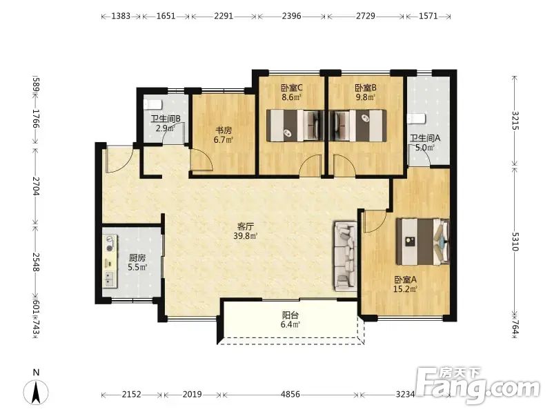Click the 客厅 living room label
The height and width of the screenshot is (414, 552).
point(246,226)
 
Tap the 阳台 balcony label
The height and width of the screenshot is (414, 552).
point(290,315)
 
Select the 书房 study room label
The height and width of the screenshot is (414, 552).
point(224,130)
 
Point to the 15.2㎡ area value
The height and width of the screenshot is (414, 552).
point(405,289)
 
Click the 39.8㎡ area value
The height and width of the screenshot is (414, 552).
point(246,236)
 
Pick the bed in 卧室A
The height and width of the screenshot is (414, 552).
point(423,241)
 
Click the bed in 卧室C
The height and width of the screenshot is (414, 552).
point(295,126)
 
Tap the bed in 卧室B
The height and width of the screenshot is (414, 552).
point(357,126)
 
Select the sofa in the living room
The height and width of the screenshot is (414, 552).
point(346,256)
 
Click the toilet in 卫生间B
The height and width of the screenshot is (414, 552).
point(152,104)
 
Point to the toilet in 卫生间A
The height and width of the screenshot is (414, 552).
point(417,119)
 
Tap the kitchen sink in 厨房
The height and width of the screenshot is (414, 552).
point(110,279)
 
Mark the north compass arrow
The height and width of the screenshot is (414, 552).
point(36,391)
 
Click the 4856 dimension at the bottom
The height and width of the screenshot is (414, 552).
point(290,394)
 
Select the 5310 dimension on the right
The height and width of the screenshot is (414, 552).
point(515,241)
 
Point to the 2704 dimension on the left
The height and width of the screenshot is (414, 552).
point(36,186)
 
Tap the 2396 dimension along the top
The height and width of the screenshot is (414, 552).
point(291,16)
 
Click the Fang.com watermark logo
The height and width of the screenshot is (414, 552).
point(477,386)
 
